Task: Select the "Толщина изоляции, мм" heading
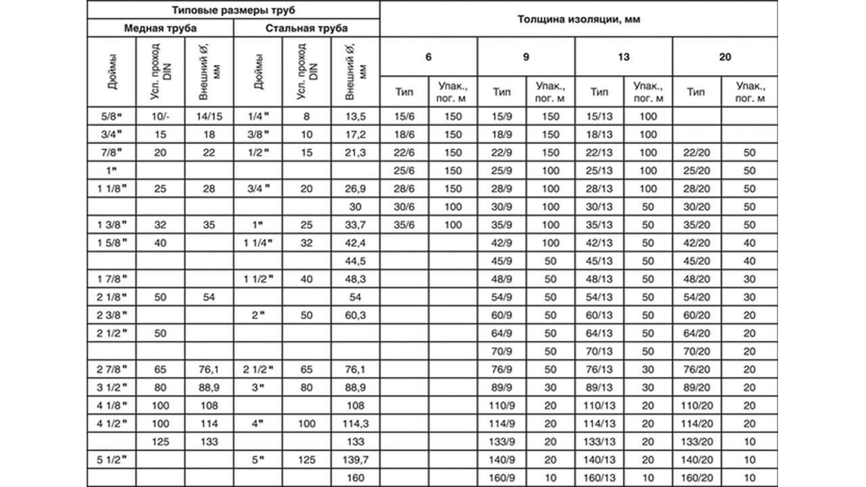pos(578,20)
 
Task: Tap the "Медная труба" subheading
pos(160,28)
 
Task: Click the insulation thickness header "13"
pos(623,57)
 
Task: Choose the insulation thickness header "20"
pos(725,57)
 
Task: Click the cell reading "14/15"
pos(209,116)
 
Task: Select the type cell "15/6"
pos(404,116)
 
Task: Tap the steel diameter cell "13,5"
pos(355,116)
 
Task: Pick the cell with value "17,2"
pos(355,135)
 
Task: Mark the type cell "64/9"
pos(501,333)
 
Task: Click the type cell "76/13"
pos(599,369)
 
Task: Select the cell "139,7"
pos(355,459)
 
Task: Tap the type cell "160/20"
pos(696,478)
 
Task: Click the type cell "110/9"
pos(501,405)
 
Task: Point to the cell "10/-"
pos(160,116)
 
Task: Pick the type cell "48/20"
pos(696,279)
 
